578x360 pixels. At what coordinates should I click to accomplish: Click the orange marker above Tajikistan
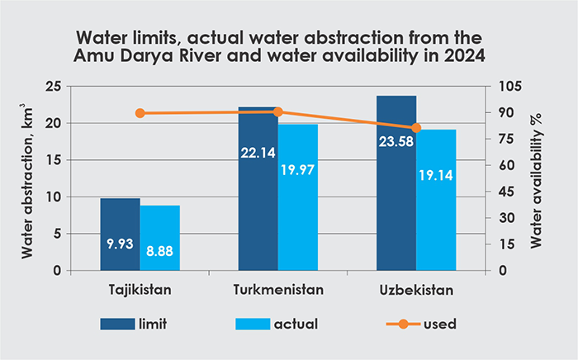(140, 113)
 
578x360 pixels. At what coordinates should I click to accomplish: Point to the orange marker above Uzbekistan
(416, 128)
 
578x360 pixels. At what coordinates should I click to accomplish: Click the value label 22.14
(258, 154)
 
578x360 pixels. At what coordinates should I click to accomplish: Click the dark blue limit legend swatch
(121, 323)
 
